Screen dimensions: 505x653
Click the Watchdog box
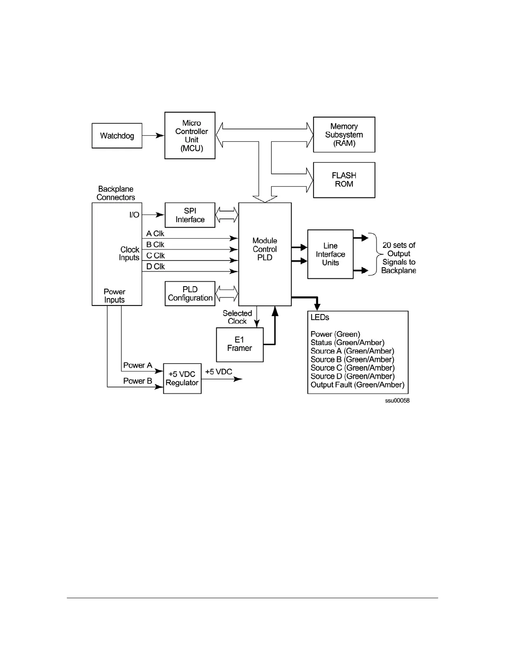117,136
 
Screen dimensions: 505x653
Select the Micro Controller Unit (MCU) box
190,135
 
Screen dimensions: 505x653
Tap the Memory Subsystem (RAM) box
344,135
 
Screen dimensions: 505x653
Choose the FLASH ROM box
344,180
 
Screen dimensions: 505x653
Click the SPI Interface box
190,215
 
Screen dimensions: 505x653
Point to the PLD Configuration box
190,294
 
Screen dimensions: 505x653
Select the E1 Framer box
240,345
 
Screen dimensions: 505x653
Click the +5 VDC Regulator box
182,378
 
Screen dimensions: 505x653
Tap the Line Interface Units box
330,254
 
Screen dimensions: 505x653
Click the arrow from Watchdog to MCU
153,136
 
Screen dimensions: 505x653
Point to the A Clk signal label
155,233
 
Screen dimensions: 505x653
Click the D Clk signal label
156,267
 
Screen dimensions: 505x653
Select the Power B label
137,381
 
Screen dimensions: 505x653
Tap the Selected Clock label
237,317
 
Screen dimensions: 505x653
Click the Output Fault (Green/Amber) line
357,385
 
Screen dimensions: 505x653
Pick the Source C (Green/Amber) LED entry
352,368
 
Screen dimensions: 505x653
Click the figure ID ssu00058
397,401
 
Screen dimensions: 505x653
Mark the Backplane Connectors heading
116,193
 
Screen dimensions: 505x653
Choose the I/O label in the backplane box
134,215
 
